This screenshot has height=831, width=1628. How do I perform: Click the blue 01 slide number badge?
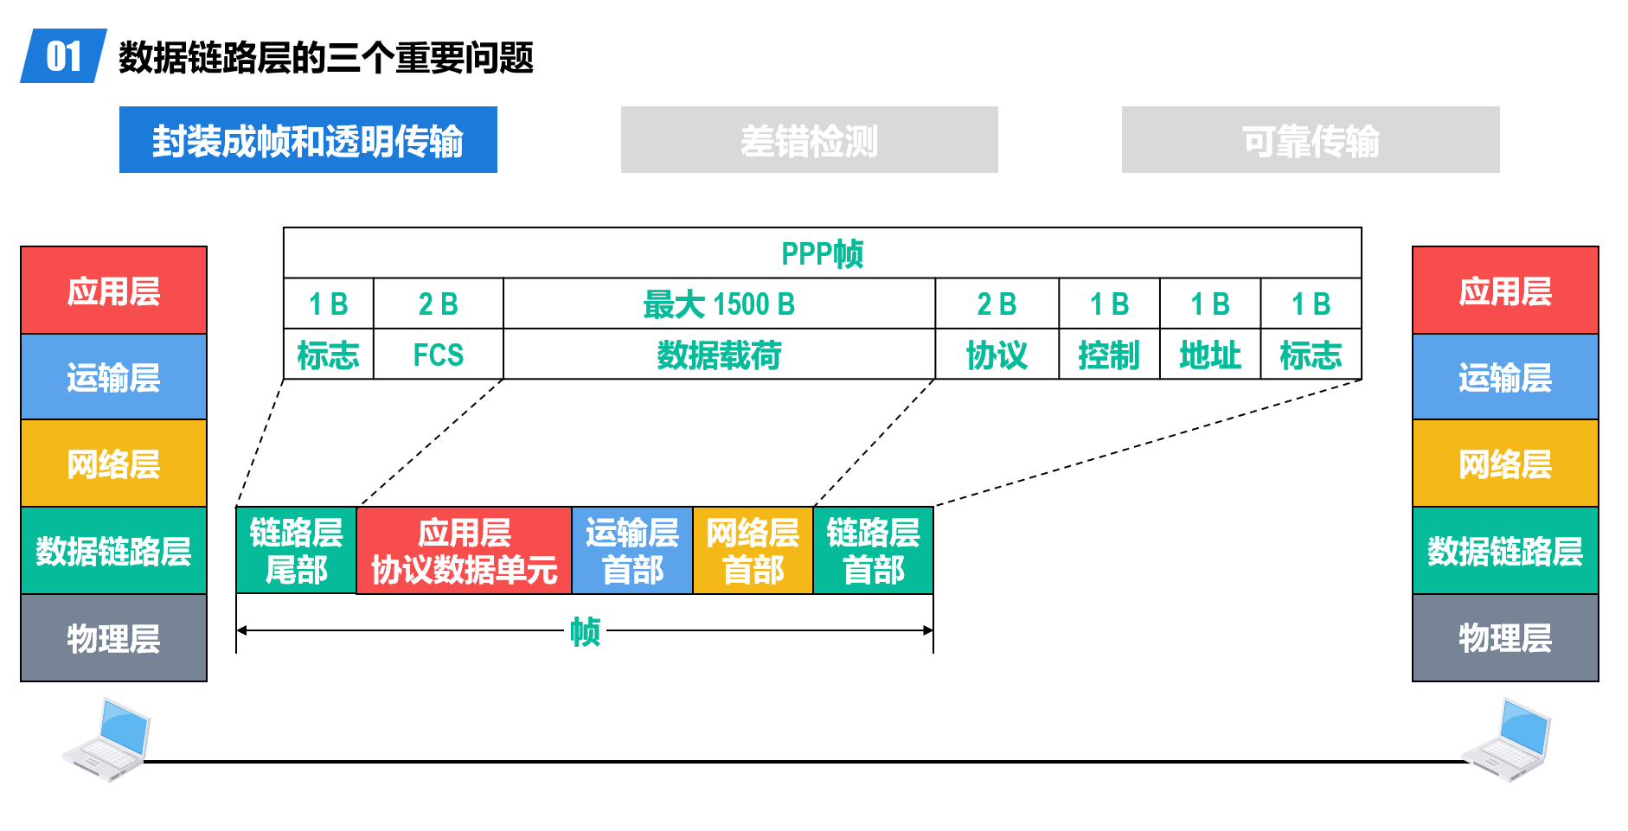pos(63,56)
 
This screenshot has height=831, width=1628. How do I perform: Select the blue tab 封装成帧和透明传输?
pos(308,140)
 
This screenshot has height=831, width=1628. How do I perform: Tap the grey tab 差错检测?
pos(809,140)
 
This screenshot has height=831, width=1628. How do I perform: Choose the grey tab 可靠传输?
pos(1311,140)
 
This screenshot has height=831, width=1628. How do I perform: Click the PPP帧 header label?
pos(822,253)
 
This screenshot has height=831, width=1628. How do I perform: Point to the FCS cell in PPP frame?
pos(439,355)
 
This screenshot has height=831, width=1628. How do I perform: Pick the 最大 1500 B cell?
pos(719,304)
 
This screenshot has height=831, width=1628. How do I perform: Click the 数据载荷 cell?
pos(719,355)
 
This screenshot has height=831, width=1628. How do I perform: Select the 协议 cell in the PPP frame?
pos(997,355)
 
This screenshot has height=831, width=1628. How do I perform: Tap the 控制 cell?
pos(1109,355)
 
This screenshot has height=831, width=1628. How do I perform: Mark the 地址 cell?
pos(1210,355)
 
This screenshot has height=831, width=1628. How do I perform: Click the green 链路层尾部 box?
pos(296,550)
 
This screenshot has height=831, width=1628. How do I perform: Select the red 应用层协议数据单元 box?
pos(465,550)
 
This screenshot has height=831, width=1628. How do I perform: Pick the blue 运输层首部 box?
pos(632,550)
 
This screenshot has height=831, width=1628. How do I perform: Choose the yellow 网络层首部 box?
pos(753,550)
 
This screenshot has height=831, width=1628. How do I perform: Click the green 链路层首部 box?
pos(874,550)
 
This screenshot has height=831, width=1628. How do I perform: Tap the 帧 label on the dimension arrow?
pos(585,631)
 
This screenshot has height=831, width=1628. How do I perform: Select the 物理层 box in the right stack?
pos(1505,638)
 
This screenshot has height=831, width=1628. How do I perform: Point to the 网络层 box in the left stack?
pos(113,463)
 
